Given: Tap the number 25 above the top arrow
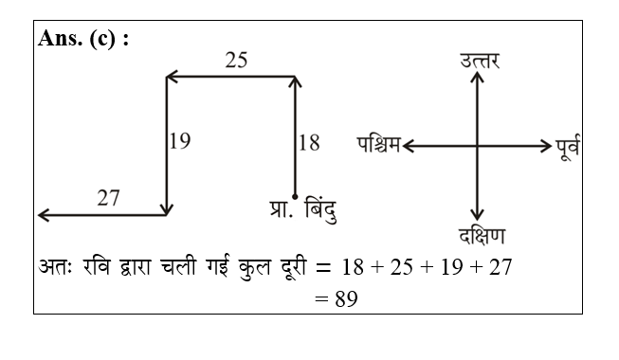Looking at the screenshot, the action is (236, 60).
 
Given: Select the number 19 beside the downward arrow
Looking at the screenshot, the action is (179, 142).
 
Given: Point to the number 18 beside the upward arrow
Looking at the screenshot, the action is (308, 143).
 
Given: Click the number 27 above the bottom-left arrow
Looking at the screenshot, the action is (108, 198).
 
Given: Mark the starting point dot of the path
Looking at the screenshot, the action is (296, 196).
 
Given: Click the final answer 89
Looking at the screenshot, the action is (340, 297).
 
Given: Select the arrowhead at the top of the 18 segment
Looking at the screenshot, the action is (296, 82).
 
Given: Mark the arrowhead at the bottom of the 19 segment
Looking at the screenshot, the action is (167, 209).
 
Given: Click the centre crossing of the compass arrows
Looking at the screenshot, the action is (478, 146).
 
